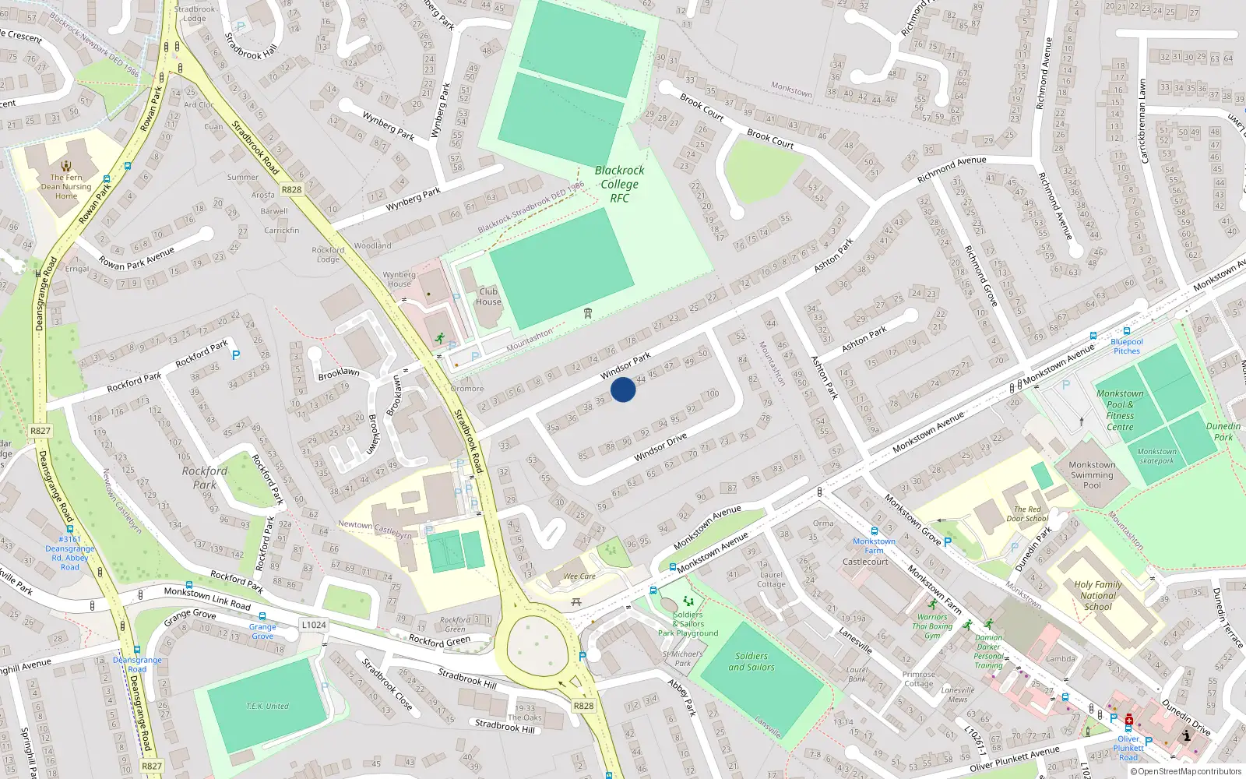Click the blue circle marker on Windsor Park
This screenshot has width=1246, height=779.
623,389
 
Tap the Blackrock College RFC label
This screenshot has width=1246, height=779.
619,185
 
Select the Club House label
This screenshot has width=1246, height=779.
488,297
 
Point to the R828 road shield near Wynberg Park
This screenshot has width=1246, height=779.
291,189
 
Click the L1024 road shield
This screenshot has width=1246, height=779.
313,625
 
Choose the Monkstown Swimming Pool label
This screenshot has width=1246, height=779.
1092,474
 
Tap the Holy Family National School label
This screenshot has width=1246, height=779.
1098,595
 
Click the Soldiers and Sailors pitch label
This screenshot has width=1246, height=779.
751,661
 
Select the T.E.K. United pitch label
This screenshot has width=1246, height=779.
267,707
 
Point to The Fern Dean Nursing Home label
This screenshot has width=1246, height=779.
66,186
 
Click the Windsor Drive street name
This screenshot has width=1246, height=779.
660,447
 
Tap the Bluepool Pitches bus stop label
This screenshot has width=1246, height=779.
1127,347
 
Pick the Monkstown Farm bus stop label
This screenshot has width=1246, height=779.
874,546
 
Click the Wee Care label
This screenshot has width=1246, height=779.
579,576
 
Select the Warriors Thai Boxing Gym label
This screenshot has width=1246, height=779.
932,626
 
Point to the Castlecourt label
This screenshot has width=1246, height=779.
865,562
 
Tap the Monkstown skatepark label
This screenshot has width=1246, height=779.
1156,456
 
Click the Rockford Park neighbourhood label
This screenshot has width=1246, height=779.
205,478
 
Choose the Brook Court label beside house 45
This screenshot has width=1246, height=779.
770,139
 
